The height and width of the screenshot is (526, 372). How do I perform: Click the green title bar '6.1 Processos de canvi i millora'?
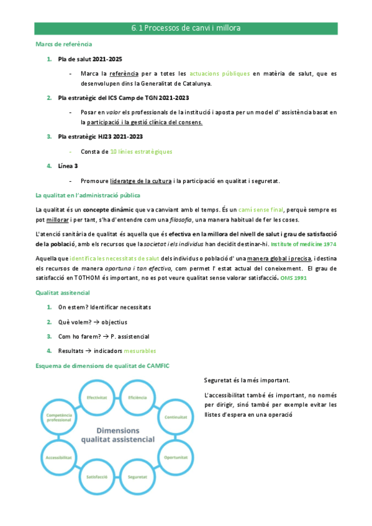tap(186, 29)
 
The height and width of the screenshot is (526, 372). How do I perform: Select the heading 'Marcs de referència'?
tap(63, 44)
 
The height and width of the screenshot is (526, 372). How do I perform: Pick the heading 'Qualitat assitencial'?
tap(62, 292)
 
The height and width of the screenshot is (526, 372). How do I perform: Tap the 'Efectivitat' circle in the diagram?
tap(98, 397)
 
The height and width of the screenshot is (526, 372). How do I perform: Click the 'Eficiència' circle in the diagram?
tap(137, 397)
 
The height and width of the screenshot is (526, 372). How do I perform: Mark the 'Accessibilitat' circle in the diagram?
tap(58, 457)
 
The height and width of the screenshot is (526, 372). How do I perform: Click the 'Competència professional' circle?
tap(58, 418)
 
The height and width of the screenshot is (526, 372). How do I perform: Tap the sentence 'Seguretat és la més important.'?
tap(246, 380)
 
